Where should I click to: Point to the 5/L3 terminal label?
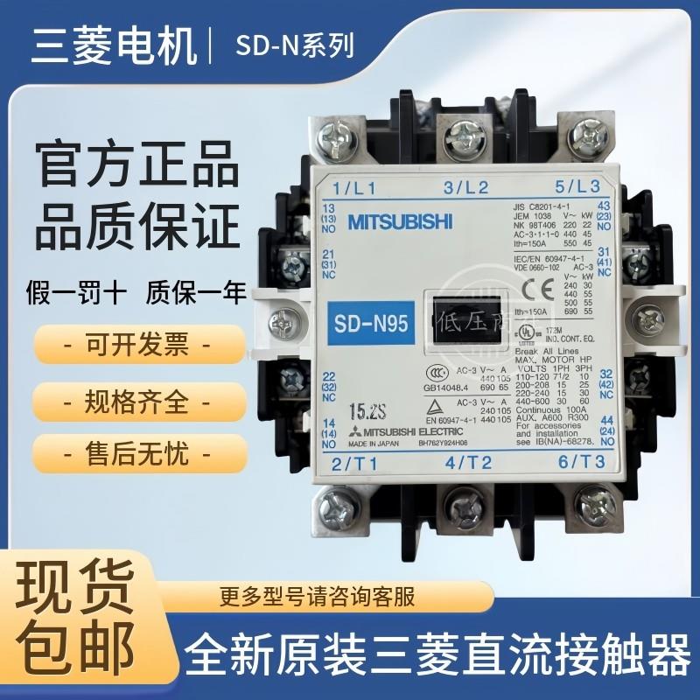point(576,185)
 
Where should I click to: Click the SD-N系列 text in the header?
point(294,45)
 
